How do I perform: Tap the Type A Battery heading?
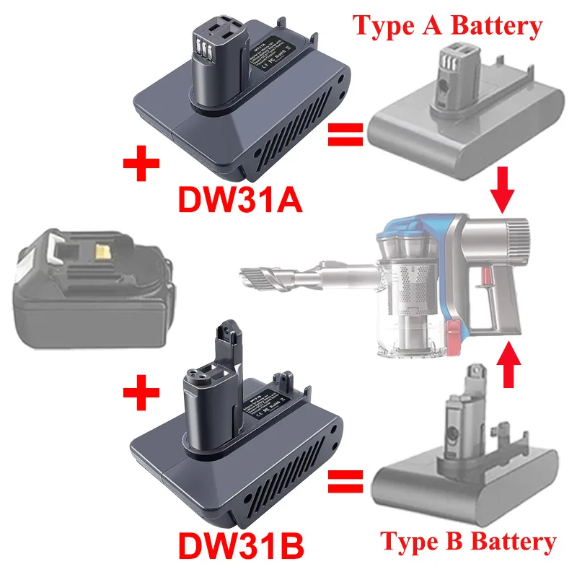(447, 26)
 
